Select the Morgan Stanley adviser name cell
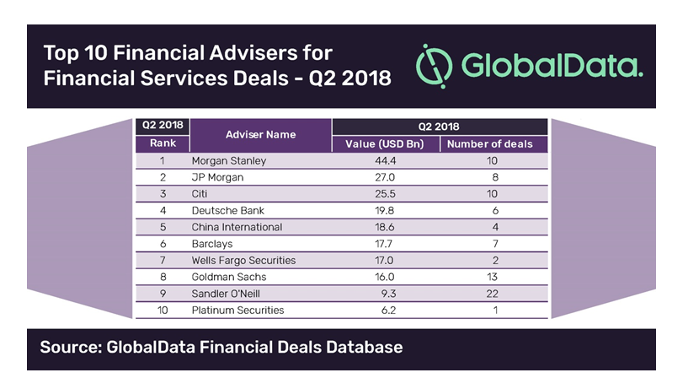[x=228, y=160]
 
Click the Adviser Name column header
[x=261, y=135]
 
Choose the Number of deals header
[x=489, y=144]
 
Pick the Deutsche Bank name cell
[x=227, y=210]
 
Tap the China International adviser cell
[x=237, y=227]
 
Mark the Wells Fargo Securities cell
[x=243, y=260]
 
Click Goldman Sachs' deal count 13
[x=490, y=277]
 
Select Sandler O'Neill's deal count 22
[x=490, y=294]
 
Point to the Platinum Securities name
[x=237, y=310]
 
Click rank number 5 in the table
[x=163, y=227]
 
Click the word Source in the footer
[x=70, y=347]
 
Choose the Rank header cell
[x=163, y=143]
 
